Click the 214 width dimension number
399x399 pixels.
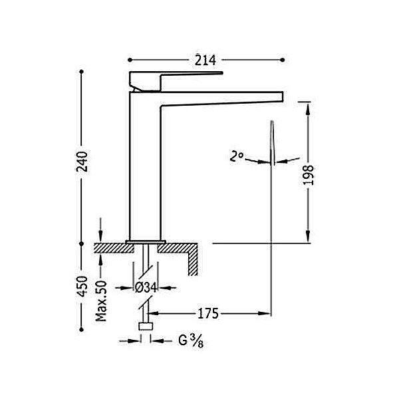(205, 61)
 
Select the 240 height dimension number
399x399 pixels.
(82, 162)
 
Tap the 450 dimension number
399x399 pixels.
(82, 286)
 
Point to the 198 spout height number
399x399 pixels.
(309, 175)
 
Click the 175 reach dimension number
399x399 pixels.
(208, 313)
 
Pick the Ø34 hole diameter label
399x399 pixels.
(146, 288)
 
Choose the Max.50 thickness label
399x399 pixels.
(101, 301)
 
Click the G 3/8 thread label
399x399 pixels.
(191, 340)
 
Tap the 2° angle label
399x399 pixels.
(236, 156)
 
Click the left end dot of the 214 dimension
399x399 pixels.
(130, 60)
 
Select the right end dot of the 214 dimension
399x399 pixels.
(282, 60)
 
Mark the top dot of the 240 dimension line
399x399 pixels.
(81, 72)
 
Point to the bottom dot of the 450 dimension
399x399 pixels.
(81, 330)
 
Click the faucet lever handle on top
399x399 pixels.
(176, 81)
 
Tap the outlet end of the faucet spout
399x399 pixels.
(281, 97)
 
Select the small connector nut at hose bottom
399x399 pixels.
(146, 327)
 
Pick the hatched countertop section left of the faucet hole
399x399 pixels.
(114, 248)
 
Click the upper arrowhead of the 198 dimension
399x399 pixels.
(308, 110)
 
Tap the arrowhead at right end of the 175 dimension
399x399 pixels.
(264, 313)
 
